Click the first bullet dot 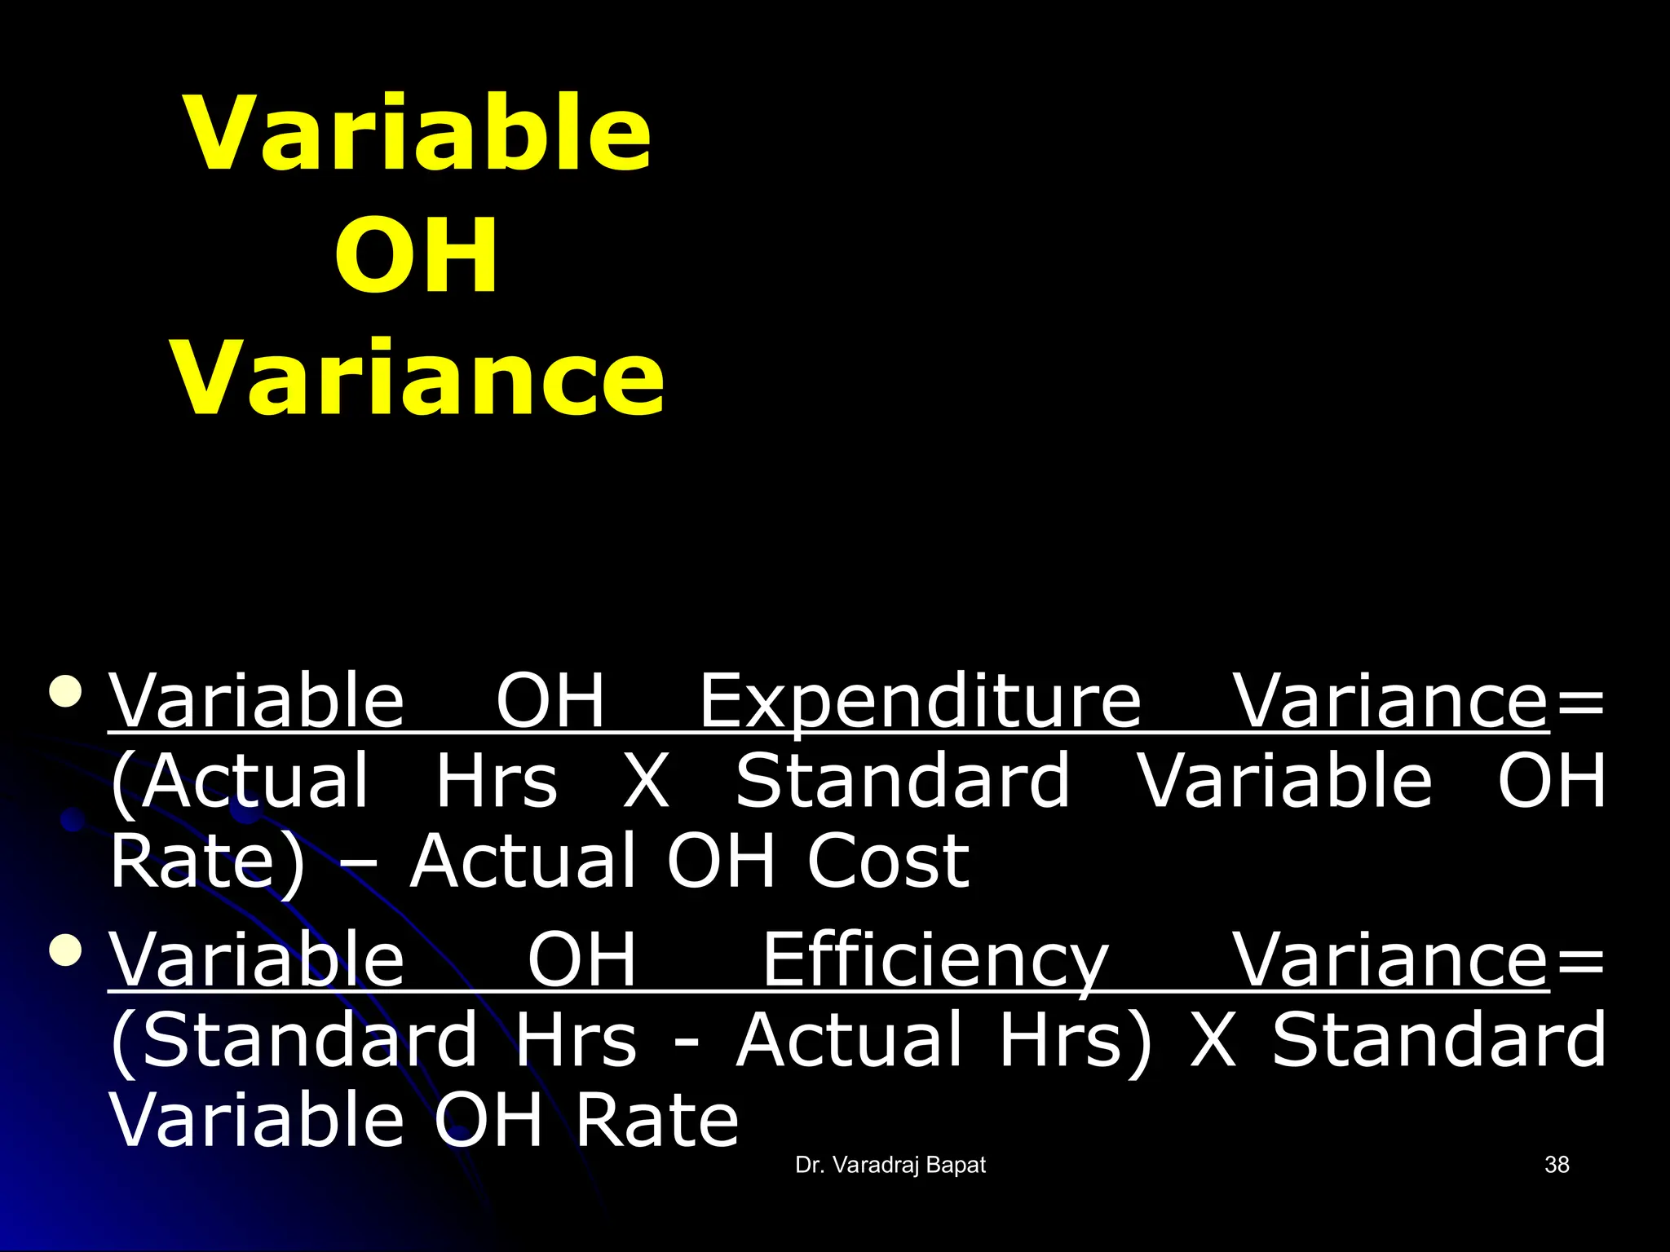pos(66,690)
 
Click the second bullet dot pos(66,949)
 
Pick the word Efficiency pos(935,962)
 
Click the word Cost pos(888,862)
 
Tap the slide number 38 pos(1557,1165)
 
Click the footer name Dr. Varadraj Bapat pos(890,1166)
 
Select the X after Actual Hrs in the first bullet pos(647,782)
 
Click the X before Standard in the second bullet pos(1213,1041)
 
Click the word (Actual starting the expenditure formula pos(240,782)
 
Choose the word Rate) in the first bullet pos(208,862)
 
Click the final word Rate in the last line pos(656,1121)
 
